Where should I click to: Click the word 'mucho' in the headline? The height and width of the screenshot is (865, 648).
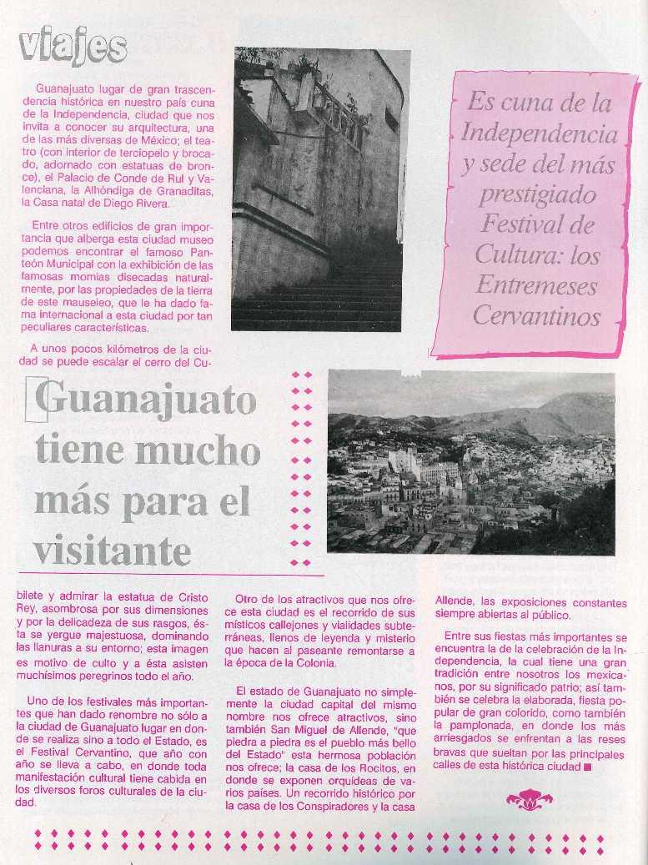pyautogui.click(x=197, y=450)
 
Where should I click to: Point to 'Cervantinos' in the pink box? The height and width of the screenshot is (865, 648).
pyautogui.click(x=537, y=317)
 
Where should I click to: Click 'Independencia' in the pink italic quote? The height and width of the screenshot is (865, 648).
pyautogui.click(x=539, y=133)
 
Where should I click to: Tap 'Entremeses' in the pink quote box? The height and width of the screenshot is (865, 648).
pyautogui.click(x=537, y=286)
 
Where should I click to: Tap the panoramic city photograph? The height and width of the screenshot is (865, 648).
pyautogui.click(x=471, y=463)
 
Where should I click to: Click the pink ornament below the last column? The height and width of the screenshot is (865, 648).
pyautogui.click(x=529, y=802)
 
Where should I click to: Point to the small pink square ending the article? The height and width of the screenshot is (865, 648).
pyautogui.click(x=588, y=767)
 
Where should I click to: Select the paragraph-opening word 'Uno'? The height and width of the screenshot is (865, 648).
pyautogui.click(x=38, y=701)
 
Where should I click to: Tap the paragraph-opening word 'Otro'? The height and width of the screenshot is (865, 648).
pyautogui.click(x=250, y=600)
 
